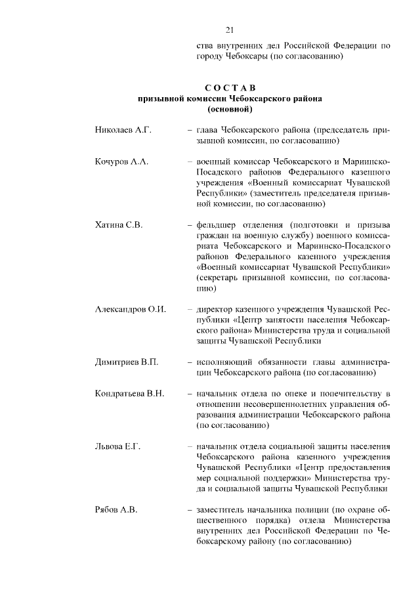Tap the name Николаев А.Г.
click(x=123, y=131)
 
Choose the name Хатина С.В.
click(x=119, y=224)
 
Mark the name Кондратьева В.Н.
click(x=132, y=393)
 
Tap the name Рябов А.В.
click(x=116, y=509)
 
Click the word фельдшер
click(x=220, y=224)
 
